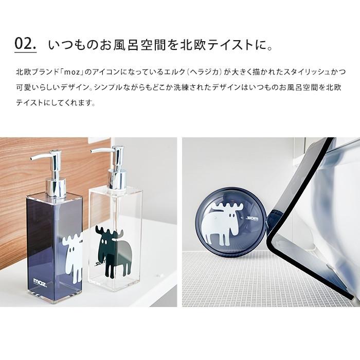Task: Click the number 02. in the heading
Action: tap(26, 44)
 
